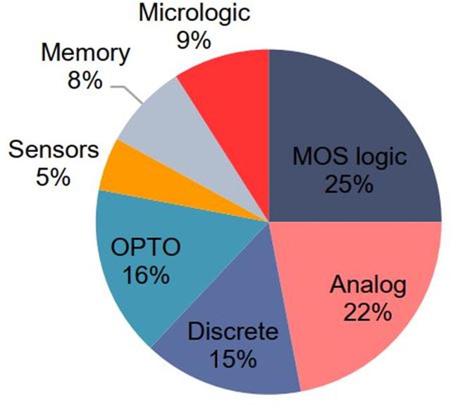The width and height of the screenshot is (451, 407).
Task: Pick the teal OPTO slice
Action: click(161, 258)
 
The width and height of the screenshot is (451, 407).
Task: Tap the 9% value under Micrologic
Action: click(194, 42)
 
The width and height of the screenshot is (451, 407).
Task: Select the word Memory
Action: click(86, 54)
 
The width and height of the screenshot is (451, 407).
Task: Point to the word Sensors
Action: click(54, 150)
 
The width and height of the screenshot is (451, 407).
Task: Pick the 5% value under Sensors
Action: click(54, 177)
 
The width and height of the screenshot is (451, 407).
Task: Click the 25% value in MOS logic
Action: click(350, 184)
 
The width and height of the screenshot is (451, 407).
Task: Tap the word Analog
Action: click(368, 286)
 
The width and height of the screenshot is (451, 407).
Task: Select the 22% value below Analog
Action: click(368, 313)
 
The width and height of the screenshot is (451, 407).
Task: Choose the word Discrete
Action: click(233, 332)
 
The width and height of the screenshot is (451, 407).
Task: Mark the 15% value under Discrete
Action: click(233, 359)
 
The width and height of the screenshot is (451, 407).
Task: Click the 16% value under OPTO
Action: click(146, 275)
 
